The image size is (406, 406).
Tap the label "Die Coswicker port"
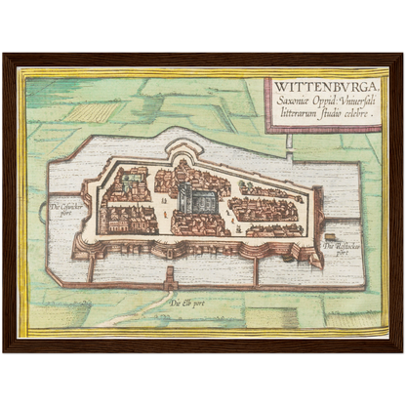(x=69, y=208)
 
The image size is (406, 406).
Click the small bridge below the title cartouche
(x=290, y=142)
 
